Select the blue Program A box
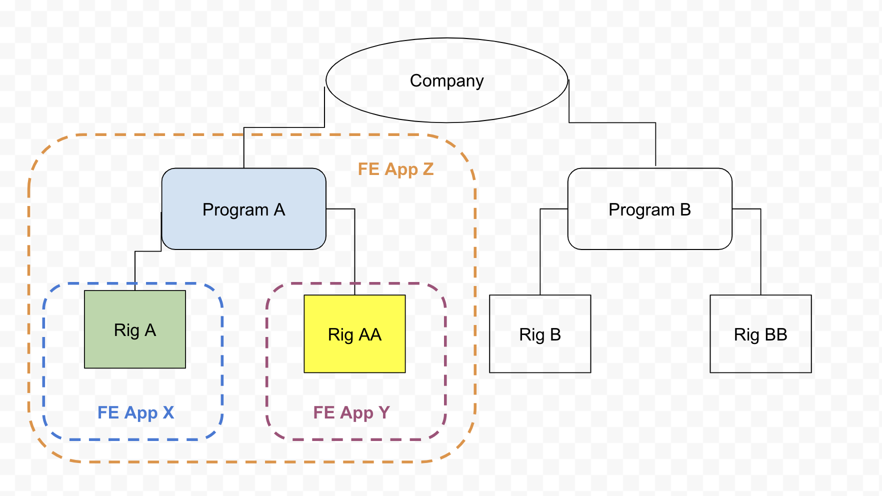pos(243,230)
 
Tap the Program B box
pos(649,230)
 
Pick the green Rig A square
pos(135,350)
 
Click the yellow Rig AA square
pos(354,355)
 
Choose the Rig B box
pos(540,355)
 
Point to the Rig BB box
pos(760,355)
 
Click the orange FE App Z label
pos(395,169)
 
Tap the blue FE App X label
pos(135,412)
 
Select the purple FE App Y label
pos(351,412)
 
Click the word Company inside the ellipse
pos(446,81)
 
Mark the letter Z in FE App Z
pos(428,169)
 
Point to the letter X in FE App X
pos(168,412)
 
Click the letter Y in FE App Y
pos(384,412)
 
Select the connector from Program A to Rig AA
pos(354,250)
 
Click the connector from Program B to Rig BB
pos(760,250)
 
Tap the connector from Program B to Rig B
pos(540,250)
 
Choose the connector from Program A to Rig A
pos(135,270)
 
